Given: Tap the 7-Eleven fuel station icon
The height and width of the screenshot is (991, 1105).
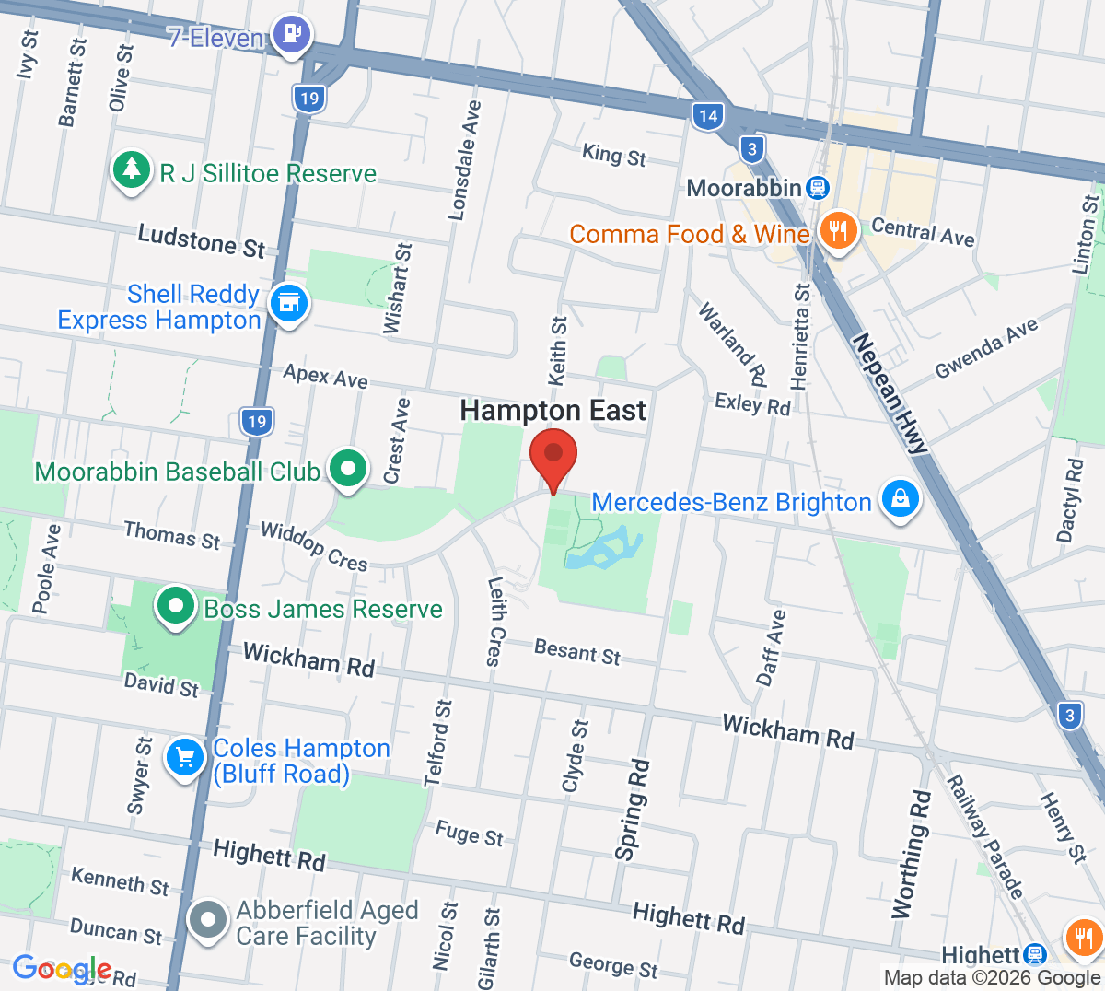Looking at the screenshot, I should pos(292,35).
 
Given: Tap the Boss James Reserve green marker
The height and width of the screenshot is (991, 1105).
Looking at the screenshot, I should pos(175,606).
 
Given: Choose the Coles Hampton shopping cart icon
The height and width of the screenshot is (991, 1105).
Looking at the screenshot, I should pos(185,758).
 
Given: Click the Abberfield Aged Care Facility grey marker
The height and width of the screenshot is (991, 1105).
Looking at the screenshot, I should pos(208,919).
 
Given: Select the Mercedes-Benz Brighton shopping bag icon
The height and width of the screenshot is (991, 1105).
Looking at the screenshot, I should pos(900,499).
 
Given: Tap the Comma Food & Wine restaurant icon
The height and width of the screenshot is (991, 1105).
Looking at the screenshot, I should pos(837,230).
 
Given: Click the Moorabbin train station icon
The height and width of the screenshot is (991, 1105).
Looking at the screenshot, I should pos(817,189).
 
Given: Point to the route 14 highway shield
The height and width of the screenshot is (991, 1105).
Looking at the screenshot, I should pos(707,116).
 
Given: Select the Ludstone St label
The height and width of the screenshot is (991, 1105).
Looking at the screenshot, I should pos(201,241).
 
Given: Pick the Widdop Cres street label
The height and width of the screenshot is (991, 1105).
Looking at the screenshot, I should pos(314,545).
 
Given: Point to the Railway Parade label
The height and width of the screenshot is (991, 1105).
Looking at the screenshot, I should pos(985,836).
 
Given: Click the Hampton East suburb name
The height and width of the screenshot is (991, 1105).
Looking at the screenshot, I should pos(552,411).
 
